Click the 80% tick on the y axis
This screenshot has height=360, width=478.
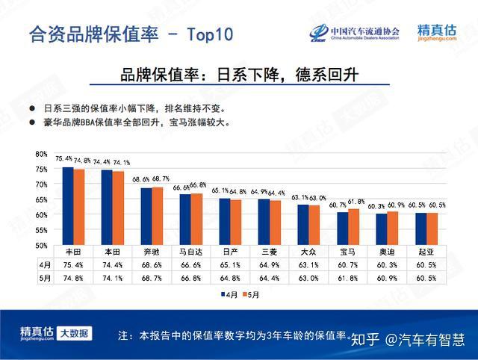click(41, 154)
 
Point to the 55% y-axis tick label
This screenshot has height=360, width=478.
click(41, 230)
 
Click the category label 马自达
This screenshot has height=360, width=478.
click(190, 252)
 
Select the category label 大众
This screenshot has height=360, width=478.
click(308, 252)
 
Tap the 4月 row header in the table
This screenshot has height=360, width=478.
click(46, 265)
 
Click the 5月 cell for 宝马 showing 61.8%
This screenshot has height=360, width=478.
click(348, 279)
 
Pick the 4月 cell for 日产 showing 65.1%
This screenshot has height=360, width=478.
click(230, 265)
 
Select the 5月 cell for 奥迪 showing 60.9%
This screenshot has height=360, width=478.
click(388, 279)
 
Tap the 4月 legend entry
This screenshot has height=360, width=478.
click(230, 295)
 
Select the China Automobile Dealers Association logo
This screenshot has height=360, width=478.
click(355, 34)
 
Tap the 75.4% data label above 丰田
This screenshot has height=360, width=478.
click(63, 159)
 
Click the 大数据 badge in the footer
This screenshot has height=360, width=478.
click(75, 332)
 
